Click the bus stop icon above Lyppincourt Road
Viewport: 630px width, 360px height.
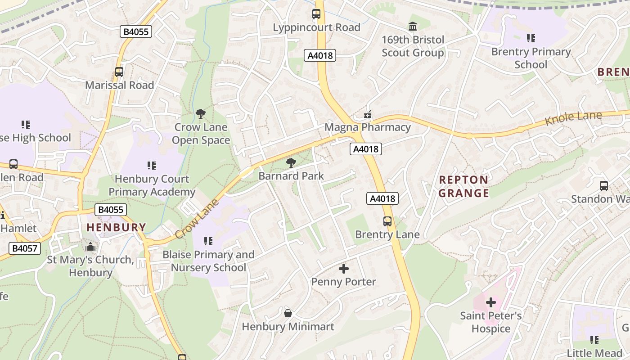click(x=316, y=14)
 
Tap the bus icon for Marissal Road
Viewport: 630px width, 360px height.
click(x=119, y=72)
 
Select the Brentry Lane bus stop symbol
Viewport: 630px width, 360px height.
click(x=387, y=221)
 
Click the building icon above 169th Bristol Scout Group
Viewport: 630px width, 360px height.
click(x=413, y=26)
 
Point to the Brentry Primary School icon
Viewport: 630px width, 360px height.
click(x=531, y=38)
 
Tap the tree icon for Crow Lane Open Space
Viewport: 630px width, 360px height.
click(x=201, y=114)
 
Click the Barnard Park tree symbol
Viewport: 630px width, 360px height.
click(x=291, y=162)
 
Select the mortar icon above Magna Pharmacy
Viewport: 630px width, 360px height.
click(x=368, y=114)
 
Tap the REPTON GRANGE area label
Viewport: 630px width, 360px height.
click(x=463, y=186)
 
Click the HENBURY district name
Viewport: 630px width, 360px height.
click(x=116, y=227)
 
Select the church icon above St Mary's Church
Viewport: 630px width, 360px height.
click(x=90, y=247)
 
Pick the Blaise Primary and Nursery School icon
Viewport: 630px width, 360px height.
click(x=208, y=241)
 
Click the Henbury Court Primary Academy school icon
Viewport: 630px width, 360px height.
click(x=152, y=166)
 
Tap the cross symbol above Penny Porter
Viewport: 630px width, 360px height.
click(x=344, y=269)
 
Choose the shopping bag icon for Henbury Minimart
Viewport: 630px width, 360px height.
click(x=288, y=313)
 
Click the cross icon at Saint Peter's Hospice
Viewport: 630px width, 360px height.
click(x=491, y=302)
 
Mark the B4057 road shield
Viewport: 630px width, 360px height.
click(x=25, y=248)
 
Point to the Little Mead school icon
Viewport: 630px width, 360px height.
click(x=594, y=340)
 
